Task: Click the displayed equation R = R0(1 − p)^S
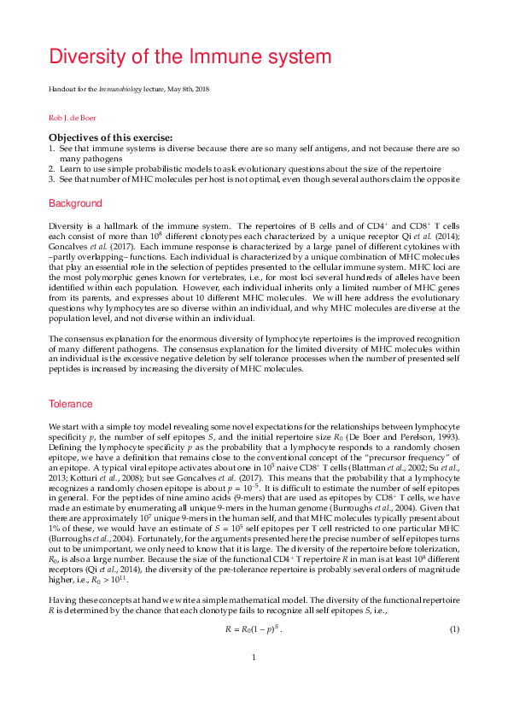254,629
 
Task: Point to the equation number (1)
454,629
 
